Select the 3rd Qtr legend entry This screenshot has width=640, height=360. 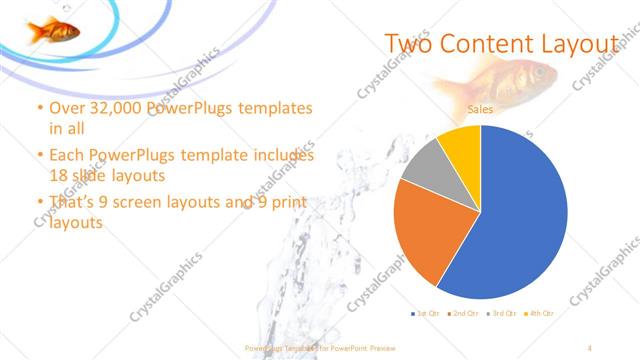pyautogui.click(x=501, y=313)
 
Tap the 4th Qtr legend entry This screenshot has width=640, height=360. pyautogui.click(x=540, y=313)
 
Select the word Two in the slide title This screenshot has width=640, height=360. pyautogui.click(x=408, y=44)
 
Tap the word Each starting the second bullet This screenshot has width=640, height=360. pyautogui.click(x=68, y=157)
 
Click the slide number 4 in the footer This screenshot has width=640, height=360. pyautogui.click(x=591, y=347)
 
